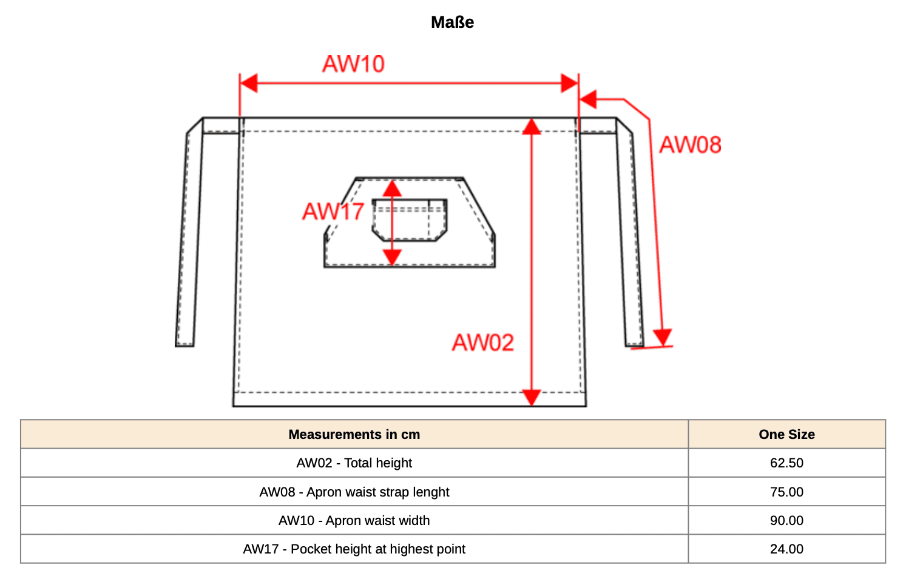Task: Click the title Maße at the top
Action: pyautogui.click(x=452, y=22)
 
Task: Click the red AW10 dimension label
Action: pyautogui.click(x=354, y=64)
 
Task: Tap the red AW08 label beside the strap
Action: pyautogui.click(x=690, y=145)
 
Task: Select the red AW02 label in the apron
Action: pyautogui.click(x=483, y=343)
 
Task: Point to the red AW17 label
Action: pyautogui.click(x=333, y=212)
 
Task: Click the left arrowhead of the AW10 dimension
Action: pyautogui.click(x=249, y=84)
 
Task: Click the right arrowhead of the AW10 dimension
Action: pyautogui.click(x=570, y=84)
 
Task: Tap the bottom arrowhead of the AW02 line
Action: pyautogui.click(x=532, y=398)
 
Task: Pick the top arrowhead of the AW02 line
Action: pyautogui.click(x=532, y=127)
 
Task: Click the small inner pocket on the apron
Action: pyautogui.click(x=410, y=220)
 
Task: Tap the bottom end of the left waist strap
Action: pyautogui.click(x=184, y=345)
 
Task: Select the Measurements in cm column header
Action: pyautogui.click(x=354, y=434)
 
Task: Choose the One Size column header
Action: pyautogui.click(x=786, y=434)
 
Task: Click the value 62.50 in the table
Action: pyautogui.click(x=786, y=463)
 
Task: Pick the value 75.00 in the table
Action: pyautogui.click(x=786, y=492)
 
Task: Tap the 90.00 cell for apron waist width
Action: pyautogui.click(x=786, y=520)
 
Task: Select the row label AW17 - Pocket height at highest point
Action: pyautogui.click(x=354, y=549)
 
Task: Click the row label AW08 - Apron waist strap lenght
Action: pyautogui.click(x=354, y=492)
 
